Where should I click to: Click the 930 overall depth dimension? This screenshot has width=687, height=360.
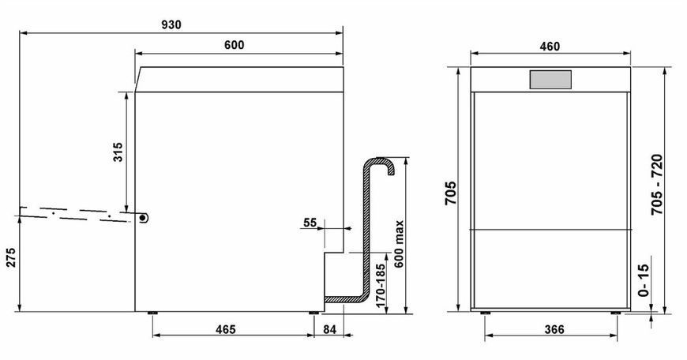coord(171,25)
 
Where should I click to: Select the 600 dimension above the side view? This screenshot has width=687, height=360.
coord(235,45)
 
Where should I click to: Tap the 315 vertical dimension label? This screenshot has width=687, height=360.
coord(118,152)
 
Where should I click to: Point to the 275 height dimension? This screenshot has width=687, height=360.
coord(10,257)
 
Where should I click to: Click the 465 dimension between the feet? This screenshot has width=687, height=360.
coord(226,329)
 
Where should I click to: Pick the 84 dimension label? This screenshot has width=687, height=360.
coord(330,329)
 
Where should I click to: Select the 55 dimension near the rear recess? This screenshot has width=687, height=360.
coord(310,223)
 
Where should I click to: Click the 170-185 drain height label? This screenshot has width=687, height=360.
coord(381,285)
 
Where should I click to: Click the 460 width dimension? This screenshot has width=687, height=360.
coord(550,46)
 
